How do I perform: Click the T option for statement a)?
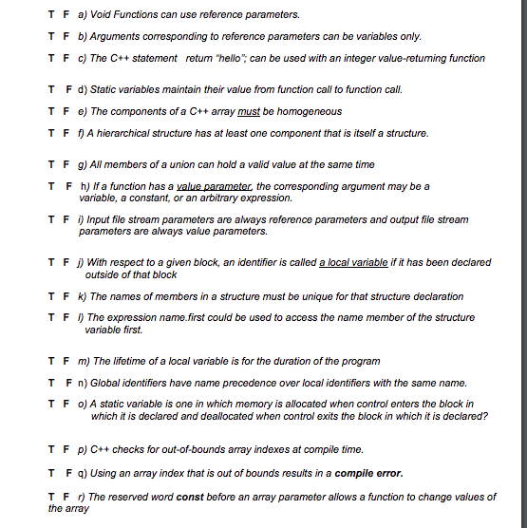pos(51,15)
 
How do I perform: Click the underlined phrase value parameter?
pos(215,186)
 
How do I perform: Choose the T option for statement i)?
pos(51,219)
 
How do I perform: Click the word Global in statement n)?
pos(105,383)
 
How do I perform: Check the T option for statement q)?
pos(51,473)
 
